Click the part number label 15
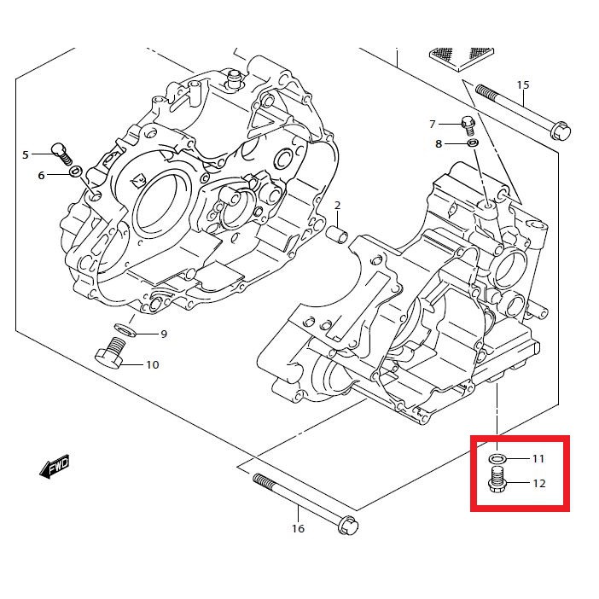tap(523, 84)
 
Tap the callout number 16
tap(298, 529)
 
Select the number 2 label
tap(337, 206)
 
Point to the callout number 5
tap(26, 154)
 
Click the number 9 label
tap(164, 334)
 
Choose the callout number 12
tap(539, 484)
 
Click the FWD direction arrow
tap(55, 466)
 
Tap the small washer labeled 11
tap(497, 458)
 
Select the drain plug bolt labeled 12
tap(497, 480)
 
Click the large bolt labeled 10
tap(109, 353)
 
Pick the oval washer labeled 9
tap(125, 329)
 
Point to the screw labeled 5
tap(61, 154)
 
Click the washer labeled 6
tap(75, 172)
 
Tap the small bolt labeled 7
tap(468, 125)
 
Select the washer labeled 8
tap(473, 143)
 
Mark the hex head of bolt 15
tap(561, 131)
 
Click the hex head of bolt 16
tap(348, 526)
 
